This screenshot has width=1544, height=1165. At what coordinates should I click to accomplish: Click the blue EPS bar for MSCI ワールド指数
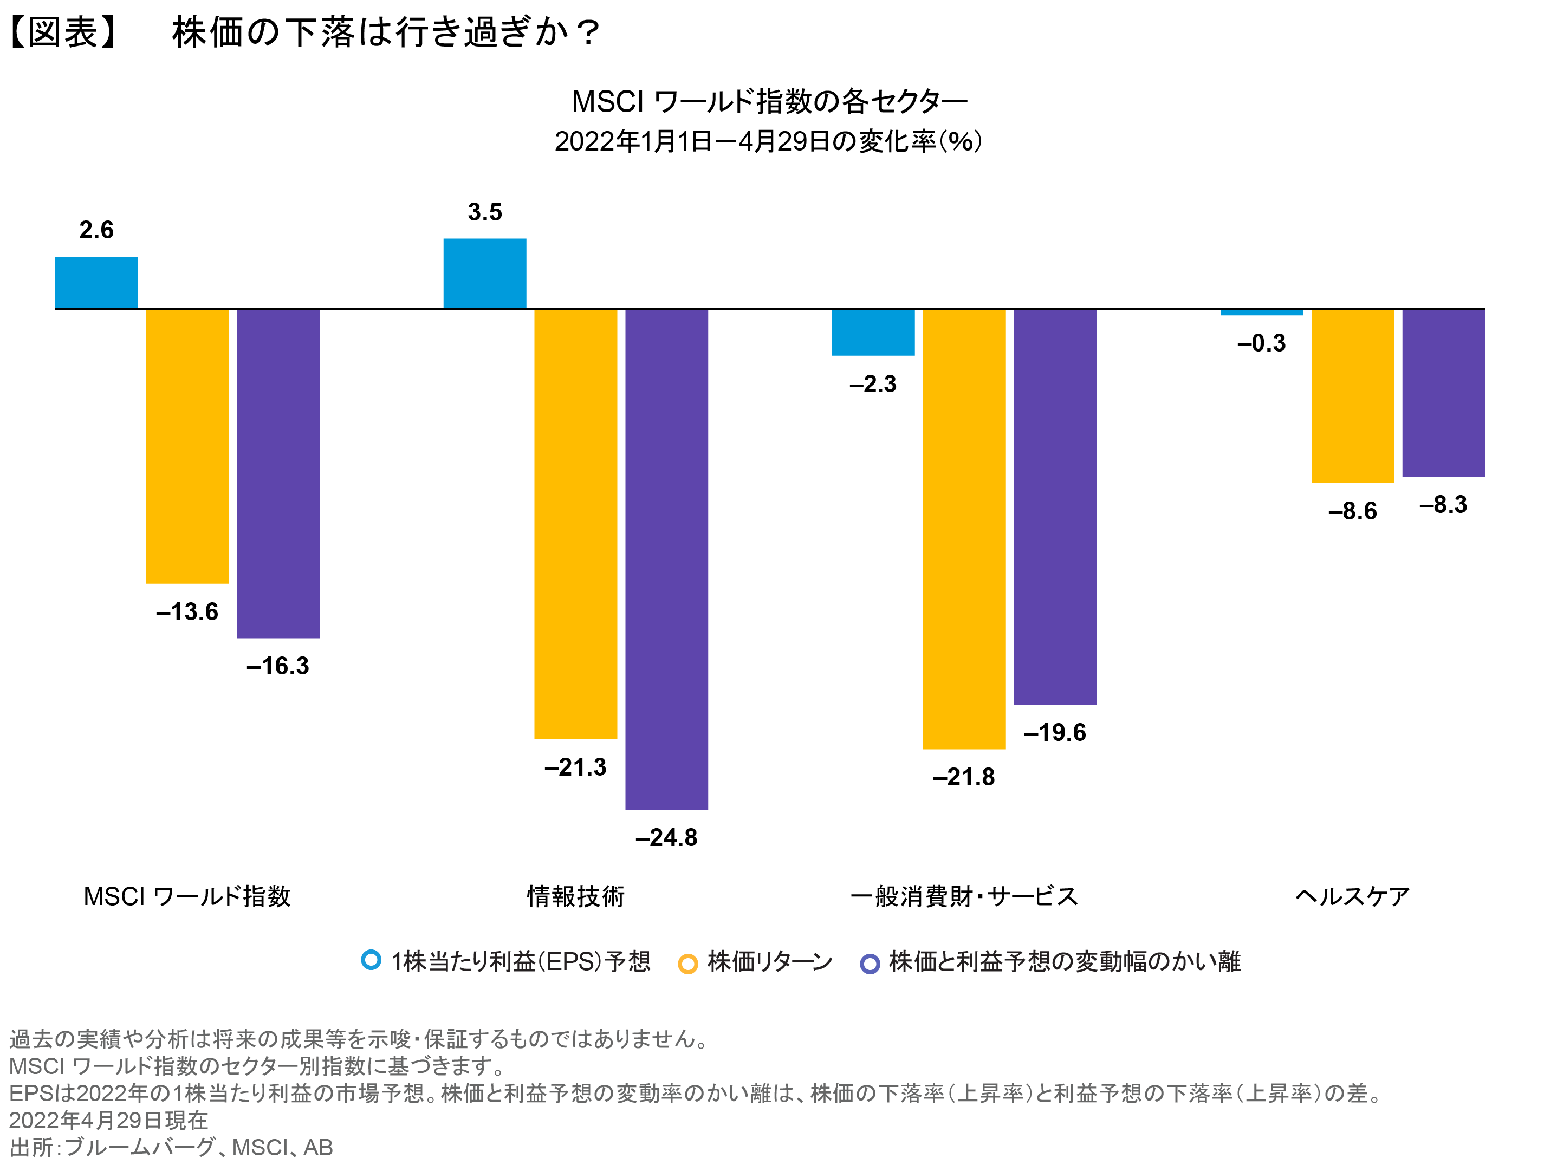point(96,283)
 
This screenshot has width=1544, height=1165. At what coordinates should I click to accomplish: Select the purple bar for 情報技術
point(666,558)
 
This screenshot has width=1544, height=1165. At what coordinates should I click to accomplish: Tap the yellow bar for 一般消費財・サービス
point(964,529)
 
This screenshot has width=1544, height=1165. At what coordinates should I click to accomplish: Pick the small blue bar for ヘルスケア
point(1261,312)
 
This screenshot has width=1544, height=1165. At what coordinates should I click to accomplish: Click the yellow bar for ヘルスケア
point(1352,396)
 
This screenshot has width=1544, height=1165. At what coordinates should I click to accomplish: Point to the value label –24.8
point(666,838)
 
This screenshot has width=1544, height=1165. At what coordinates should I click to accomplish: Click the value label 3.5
point(484,212)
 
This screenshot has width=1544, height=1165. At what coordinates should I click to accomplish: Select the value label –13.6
point(186,612)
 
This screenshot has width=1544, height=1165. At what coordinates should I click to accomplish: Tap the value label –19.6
point(1054,733)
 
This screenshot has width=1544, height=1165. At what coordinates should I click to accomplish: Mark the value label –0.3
point(1261,343)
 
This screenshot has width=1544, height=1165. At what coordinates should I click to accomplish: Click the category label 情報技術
point(575,896)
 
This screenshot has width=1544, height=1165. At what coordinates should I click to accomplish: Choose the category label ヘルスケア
point(1352,896)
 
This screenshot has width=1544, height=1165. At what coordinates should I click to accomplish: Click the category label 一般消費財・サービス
point(964,896)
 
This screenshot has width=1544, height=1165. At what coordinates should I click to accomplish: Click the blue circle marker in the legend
point(371,960)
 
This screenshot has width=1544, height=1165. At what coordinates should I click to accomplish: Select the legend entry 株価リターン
point(769,962)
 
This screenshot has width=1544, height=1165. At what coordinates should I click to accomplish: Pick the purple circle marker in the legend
point(870,964)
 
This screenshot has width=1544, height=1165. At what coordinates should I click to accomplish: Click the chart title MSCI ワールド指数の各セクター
point(769,102)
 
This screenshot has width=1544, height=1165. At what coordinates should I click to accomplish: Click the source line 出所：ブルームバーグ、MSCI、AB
point(171,1147)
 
